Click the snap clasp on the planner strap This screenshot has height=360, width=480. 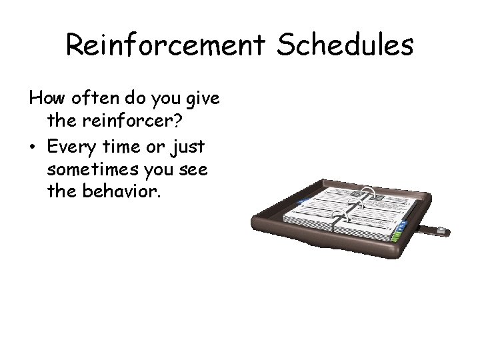point(441,231)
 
